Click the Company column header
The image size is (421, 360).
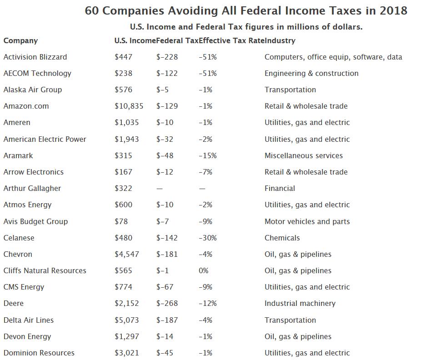tap(20, 40)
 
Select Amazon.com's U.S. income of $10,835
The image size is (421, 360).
tap(129, 106)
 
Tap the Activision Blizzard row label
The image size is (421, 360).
tap(35, 57)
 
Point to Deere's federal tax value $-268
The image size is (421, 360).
tap(167, 303)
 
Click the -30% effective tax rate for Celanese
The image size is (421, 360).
tap(208, 238)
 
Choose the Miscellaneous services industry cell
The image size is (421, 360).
tap(304, 155)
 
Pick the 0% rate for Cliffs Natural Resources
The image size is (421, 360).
tap(204, 270)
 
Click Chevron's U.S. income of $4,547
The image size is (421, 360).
tap(127, 254)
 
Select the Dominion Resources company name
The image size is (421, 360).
tap(39, 353)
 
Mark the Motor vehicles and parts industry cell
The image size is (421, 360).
tap(307, 221)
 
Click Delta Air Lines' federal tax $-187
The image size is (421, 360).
tap(167, 320)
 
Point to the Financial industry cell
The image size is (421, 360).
tap(280, 188)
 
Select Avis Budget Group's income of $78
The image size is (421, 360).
tap(121, 221)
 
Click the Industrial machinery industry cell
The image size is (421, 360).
tap(300, 303)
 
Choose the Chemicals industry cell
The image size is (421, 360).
tap(282, 238)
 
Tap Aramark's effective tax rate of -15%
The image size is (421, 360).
tap(208, 155)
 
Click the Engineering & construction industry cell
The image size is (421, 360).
tap(311, 73)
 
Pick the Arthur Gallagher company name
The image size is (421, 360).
tap(32, 188)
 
